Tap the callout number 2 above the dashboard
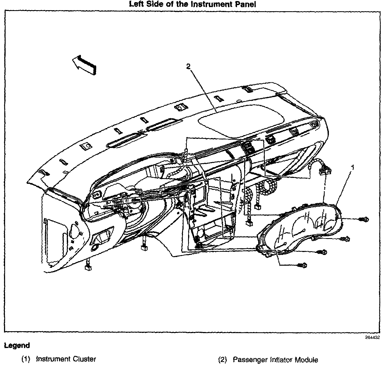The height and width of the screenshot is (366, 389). tap(188, 66)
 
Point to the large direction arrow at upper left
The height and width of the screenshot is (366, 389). tap(84, 65)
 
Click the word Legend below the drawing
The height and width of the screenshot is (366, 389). tap(17, 346)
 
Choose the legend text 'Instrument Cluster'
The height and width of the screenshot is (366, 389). tap(66, 359)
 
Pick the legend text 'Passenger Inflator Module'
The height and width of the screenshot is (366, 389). tap(275, 360)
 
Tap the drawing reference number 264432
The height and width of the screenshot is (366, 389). tap(372, 338)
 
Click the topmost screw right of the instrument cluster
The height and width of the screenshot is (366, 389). tap(364, 219)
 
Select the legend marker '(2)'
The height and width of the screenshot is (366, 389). tap(223, 360)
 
